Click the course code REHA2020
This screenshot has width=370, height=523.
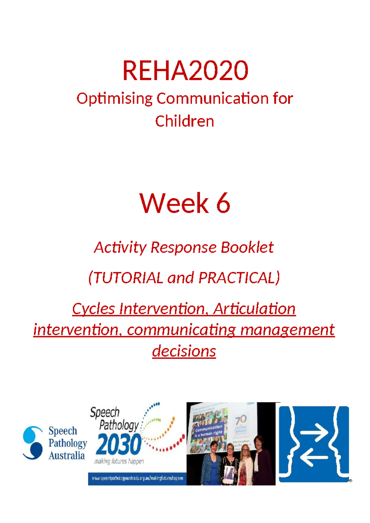(185, 71)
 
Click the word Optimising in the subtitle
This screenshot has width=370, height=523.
(114, 99)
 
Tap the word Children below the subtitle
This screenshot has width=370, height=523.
(184, 121)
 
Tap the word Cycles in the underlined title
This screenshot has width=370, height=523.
(93, 309)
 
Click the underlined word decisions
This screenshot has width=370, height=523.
(184, 351)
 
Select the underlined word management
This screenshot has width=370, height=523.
(287, 330)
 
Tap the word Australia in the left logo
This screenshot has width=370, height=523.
(67, 455)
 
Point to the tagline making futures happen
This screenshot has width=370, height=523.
(119, 461)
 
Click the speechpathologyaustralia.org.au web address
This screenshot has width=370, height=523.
(138, 478)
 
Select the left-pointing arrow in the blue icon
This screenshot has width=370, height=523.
(314, 457)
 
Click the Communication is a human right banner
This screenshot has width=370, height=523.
(208, 430)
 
